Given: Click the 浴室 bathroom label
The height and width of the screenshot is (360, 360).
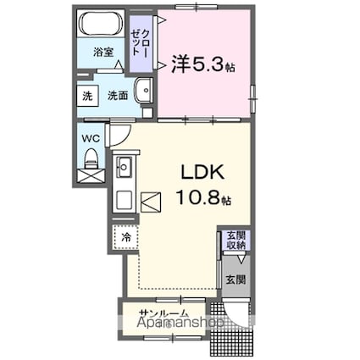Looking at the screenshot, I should click(x=103, y=52).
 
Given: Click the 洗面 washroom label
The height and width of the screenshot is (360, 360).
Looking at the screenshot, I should click(x=118, y=97).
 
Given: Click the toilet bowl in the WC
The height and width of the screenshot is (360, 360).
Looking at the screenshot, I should click(x=91, y=158).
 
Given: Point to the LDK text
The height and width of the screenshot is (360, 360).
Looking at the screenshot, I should click(x=201, y=172).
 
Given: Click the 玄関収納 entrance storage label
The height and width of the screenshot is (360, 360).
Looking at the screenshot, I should click(x=235, y=240).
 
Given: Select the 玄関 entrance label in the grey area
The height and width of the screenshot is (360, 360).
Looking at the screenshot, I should click(x=235, y=280).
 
